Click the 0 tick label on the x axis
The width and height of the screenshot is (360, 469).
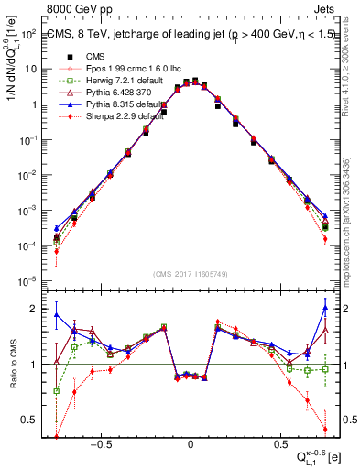(190, 441)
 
